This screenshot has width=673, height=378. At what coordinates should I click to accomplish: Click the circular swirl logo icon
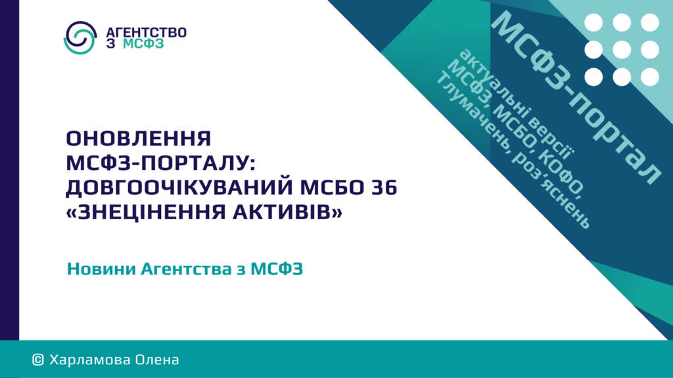(80, 37)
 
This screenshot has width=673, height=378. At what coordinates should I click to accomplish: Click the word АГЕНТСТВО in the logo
(146, 33)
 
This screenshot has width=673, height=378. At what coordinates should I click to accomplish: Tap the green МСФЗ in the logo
(143, 44)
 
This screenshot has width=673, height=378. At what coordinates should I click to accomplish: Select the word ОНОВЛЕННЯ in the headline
(139, 138)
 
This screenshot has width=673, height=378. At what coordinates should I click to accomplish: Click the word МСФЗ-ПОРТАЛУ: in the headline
(161, 163)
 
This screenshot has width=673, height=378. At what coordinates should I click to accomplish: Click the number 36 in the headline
(384, 187)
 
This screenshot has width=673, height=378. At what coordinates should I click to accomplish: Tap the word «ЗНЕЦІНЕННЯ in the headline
(147, 212)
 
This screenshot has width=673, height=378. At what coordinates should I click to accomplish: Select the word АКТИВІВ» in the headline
(288, 212)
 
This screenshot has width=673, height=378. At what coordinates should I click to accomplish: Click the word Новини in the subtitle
(101, 269)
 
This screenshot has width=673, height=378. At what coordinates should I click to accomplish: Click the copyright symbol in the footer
(37, 360)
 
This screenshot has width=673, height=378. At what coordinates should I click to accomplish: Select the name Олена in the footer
(157, 360)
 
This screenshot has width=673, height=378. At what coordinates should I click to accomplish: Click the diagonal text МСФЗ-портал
(575, 98)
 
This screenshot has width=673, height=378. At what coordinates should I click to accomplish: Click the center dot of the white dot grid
(622, 50)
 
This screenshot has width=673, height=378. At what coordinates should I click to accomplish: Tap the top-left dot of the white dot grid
(593, 22)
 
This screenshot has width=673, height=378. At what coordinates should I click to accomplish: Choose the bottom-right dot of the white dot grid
(650, 77)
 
